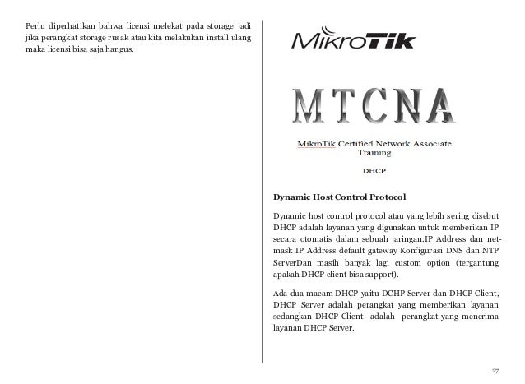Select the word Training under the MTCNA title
(374, 152)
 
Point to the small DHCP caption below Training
(375, 172)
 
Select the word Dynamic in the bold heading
(294, 197)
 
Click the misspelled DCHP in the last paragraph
(382, 296)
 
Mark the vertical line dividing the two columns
(263, 189)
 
